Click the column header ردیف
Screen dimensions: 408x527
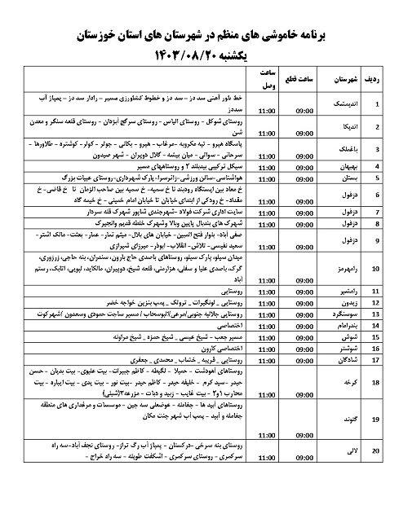[x=380, y=80]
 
